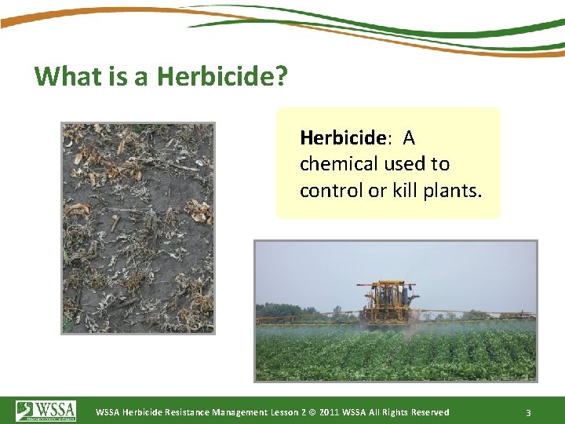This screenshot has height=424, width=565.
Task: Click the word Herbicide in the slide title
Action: tap(217, 76)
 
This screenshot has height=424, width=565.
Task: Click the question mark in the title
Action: tap(281, 76)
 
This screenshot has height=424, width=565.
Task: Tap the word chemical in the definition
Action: tap(339, 164)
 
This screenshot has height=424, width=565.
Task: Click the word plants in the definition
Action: tap(455, 191)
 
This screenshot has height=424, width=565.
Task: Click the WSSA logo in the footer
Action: tap(46, 411)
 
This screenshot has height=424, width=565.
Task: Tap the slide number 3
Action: tap(529, 412)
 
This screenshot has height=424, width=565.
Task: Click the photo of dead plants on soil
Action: tap(138, 228)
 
